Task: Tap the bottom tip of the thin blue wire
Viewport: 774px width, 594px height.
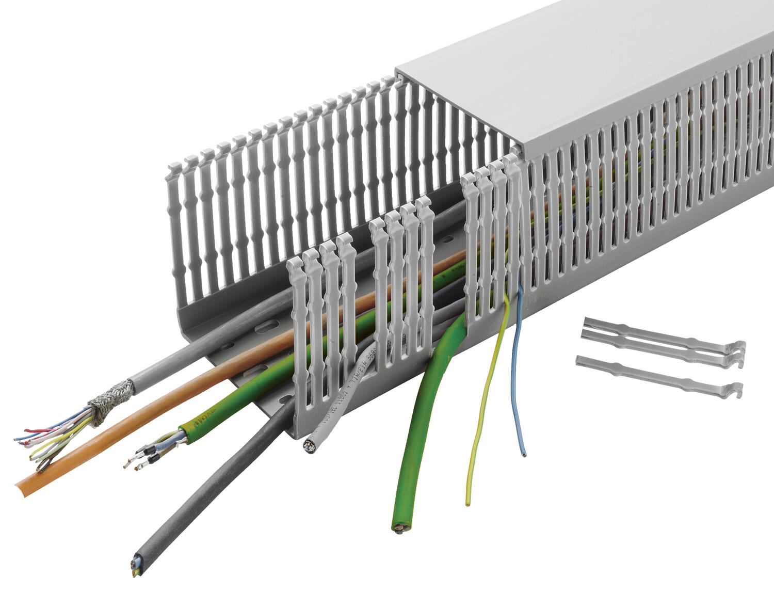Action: (x=524, y=455)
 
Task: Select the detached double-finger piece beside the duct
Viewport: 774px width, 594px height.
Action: (x=660, y=341)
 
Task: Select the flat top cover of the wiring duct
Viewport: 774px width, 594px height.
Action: (x=583, y=67)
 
